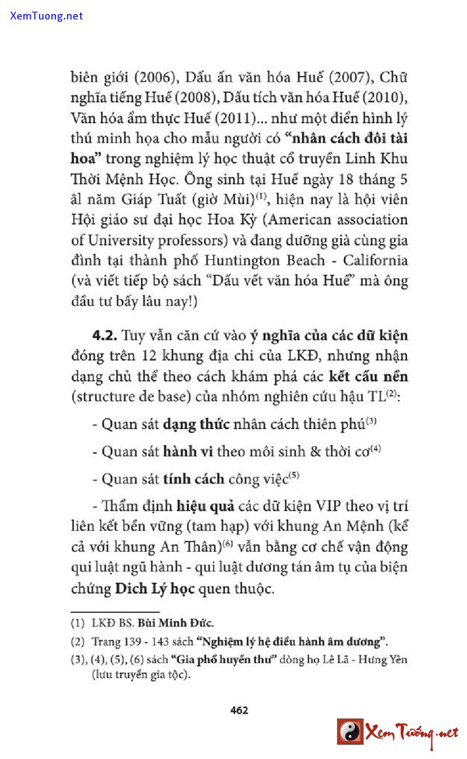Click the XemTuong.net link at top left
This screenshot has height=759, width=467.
pos(47,16)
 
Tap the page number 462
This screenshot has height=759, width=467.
pos(239,710)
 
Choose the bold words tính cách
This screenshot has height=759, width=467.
pos(194,479)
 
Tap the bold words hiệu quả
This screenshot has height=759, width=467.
pos(205,506)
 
